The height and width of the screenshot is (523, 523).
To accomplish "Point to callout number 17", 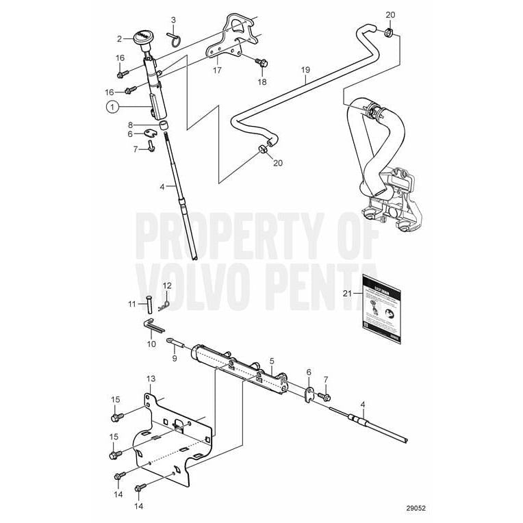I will (x=217, y=70).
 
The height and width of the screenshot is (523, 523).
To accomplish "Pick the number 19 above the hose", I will (x=306, y=71).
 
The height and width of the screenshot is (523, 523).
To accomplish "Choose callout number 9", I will (x=174, y=357).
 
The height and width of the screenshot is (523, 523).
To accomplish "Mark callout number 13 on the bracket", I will (x=151, y=379).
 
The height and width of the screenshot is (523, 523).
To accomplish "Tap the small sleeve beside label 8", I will (x=164, y=126).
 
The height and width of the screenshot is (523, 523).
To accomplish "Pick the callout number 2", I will (x=120, y=39).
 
